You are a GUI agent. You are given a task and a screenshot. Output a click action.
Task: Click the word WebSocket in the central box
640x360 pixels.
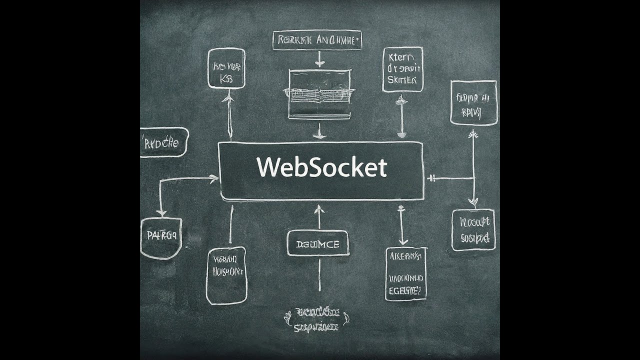(x=322, y=168)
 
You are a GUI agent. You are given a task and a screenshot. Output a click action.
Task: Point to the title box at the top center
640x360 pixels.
(x=317, y=40)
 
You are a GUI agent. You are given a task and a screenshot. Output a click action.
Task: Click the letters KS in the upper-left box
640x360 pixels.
(x=226, y=79)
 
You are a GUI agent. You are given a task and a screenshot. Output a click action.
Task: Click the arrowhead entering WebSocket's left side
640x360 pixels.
(x=215, y=177)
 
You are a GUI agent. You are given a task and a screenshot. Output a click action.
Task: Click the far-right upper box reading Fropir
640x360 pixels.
(x=473, y=102)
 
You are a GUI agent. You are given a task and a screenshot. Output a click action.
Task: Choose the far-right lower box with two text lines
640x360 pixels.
(x=473, y=230)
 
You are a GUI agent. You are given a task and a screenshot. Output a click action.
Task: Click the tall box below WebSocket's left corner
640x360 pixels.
(x=226, y=275)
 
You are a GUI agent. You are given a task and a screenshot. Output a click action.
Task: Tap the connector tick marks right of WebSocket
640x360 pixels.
(x=433, y=178)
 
